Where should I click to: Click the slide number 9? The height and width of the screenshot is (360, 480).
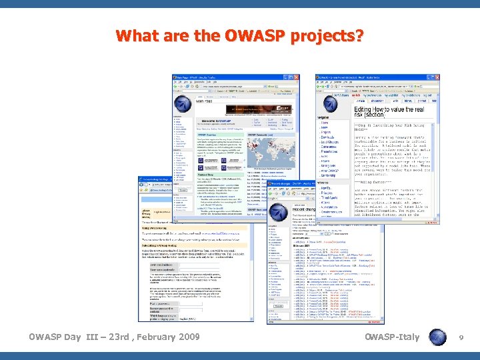coord(461,338)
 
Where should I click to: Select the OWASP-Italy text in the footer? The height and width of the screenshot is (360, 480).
coord(393,337)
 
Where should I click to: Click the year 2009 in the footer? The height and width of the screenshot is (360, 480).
coord(186,337)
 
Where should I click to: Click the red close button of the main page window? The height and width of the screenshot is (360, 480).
coord(296,78)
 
